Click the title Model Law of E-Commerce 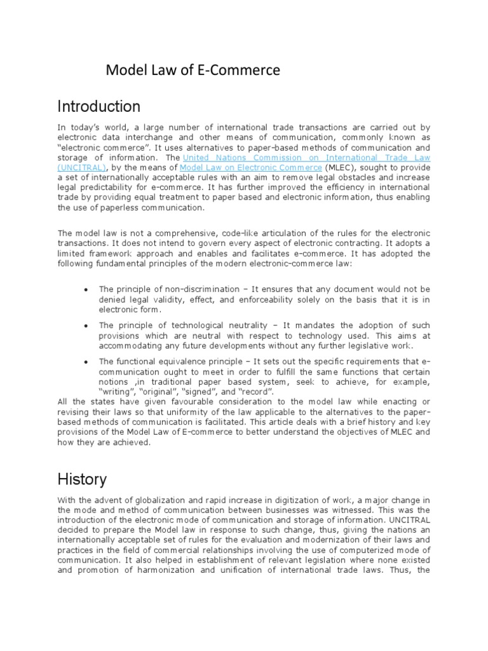click(193, 71)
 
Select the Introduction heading click(98, 106)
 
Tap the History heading click(82, 479)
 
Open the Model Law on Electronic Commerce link click(252, 167)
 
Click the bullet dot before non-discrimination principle click(85, 289)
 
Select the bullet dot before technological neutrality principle click(85, 325)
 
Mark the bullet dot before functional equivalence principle click(85, 362)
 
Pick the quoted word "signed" click(191, 392)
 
